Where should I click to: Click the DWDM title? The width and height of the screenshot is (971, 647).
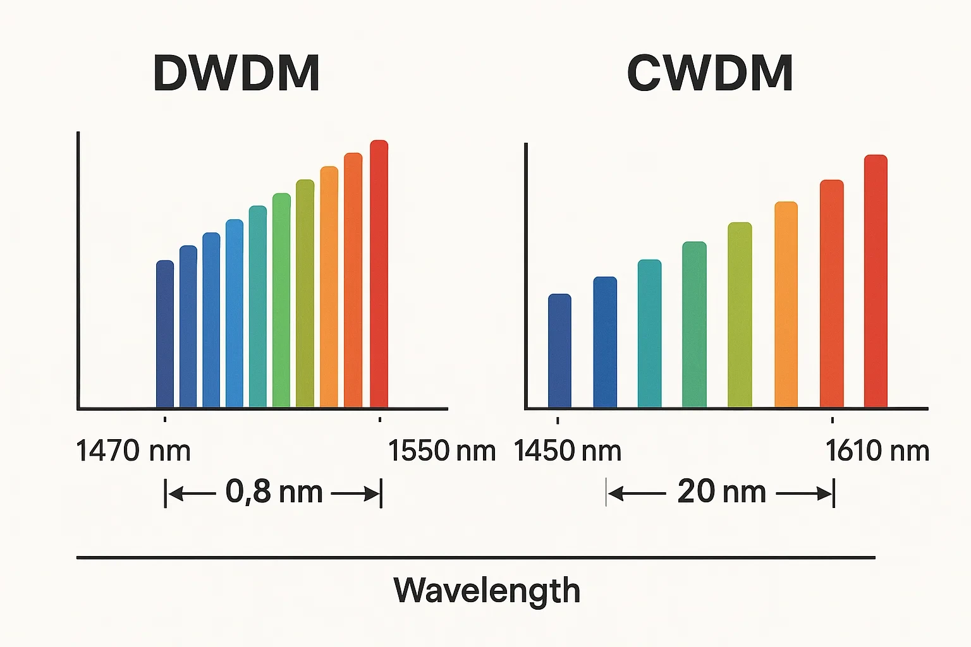tap(236, 73)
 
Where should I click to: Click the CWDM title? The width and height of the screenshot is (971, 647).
tap(709, 73)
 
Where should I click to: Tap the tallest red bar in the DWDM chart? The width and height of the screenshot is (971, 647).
tap(379, 274)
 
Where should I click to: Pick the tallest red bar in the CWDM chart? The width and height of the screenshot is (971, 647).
tap(876, 281)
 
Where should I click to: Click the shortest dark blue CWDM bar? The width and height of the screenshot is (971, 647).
tap(559, 351)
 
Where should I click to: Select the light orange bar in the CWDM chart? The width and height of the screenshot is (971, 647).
tap(786, 305)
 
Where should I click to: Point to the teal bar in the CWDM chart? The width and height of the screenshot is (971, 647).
tap(649, 334)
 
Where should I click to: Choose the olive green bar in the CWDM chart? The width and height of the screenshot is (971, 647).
tap(740, 315)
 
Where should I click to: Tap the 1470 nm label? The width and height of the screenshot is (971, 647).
tap(133, 451)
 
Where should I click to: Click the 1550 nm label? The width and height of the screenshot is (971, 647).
tap(441, 451)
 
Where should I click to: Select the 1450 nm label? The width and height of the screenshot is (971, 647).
tap(567, 451)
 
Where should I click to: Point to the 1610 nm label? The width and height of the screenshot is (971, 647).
tap(877, 451)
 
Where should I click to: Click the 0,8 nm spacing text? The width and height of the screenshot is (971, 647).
tap(274, 492)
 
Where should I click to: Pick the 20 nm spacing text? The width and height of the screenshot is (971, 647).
tap(721, 492)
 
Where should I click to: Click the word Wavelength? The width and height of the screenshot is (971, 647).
tap(486, 590)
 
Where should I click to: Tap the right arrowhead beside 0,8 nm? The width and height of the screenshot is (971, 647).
tap(372, 493)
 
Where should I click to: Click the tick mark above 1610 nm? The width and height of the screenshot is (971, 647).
tap(832, 420)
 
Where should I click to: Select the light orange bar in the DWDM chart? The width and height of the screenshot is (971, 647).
tap(329, 287)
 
